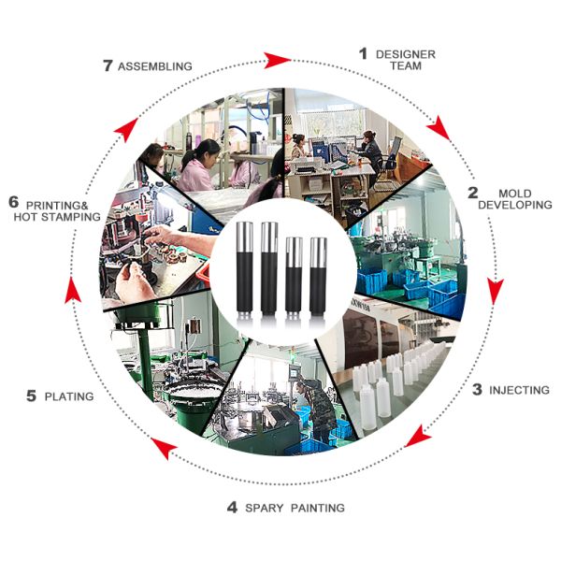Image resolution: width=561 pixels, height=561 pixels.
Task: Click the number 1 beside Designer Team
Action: [x=363, y=53]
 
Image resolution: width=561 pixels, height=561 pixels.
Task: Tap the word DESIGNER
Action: [x=406, y=54]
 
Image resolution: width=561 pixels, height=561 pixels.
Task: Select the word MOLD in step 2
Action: [x=515, y=194]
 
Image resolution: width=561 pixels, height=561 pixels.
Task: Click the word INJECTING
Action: [x=519, y=390]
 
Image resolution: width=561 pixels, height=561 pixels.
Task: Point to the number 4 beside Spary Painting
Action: [x=232, y=507]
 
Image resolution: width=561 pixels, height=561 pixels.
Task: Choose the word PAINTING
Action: [x=318, y=508]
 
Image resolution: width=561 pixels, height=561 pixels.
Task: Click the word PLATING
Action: [x=69, y=396]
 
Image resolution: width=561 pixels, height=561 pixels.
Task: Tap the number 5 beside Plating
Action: [x=32, y=396]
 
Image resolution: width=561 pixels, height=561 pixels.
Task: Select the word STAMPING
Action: [x=71, y=217]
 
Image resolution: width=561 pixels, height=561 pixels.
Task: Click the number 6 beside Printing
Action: [x=14, y=202]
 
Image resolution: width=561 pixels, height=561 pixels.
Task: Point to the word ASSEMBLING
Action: [x=155, y=66]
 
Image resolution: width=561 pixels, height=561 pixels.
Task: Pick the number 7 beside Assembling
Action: [x=108, y=65]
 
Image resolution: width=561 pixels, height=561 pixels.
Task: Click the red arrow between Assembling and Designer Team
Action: [x=278, y=60]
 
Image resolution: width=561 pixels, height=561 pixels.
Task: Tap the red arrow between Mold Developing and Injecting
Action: [x=496, y=291]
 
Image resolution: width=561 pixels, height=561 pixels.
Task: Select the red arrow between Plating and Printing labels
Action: [x=73, y=291]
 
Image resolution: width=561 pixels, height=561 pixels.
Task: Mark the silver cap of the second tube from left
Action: [x=269, y=237]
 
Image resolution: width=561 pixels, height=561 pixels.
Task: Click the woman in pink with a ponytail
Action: [x=198, y=165]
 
